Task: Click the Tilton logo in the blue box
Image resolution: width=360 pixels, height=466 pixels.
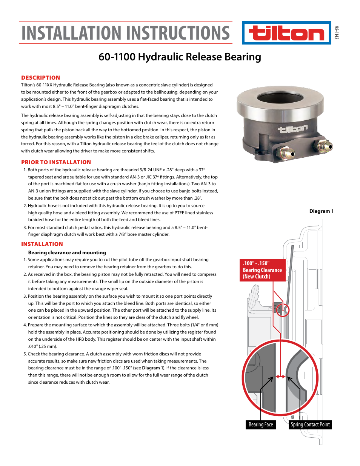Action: coord(286,33)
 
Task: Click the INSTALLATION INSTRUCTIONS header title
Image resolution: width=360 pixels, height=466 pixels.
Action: coord(125,33)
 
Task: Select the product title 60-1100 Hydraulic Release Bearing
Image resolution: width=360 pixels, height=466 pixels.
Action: coord(180,57)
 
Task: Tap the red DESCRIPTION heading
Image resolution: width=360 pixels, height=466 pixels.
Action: coord(40,78)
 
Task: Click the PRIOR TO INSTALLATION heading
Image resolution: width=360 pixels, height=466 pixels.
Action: coord(56,162)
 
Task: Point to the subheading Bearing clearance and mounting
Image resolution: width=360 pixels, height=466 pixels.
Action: coord(67,253)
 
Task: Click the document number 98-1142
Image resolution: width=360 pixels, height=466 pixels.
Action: coord(337,33)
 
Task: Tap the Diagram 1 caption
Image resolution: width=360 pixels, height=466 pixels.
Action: coord(321,211)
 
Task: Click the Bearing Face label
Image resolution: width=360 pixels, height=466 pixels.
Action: coord(260,424)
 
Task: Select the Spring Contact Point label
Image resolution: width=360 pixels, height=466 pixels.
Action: coord(310,424)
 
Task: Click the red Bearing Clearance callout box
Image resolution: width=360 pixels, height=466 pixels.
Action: coord(262,270)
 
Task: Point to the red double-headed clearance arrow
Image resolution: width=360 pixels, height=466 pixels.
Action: coord(280,376)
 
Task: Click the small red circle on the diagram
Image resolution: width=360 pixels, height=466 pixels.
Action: coord(282,310)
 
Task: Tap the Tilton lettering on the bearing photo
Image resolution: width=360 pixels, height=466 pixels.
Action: coord(292,129)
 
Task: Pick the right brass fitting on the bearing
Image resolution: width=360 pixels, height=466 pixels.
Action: coord(324,146)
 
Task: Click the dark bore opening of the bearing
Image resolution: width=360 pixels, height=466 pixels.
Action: coord(280,97)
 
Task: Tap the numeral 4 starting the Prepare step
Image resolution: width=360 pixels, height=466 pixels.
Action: coord(25,325)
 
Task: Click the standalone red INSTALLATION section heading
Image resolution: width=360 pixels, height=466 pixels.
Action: coord(42,244)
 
